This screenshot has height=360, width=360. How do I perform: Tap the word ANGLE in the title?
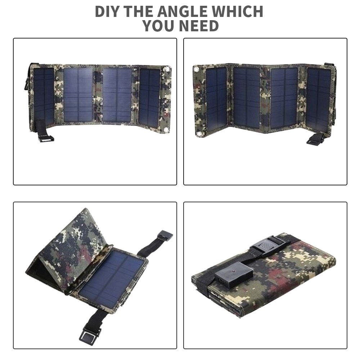click(183, 12)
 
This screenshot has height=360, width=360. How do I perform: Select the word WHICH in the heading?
click(237, 12)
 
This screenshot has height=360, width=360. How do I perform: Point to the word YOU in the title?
click(158, 26)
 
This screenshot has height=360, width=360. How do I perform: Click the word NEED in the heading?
click(199, 26)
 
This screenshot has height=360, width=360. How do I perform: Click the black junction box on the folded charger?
click(234, 275)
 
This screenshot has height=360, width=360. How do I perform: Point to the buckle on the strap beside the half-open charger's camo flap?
click(165, 236)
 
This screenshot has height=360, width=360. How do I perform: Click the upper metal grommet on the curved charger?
click(167, 69)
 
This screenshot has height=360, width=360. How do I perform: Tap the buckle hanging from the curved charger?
click(46, 139)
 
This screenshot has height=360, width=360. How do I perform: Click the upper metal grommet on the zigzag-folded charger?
click(196, 69)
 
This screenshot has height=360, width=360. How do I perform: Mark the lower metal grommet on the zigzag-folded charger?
click(199, 134)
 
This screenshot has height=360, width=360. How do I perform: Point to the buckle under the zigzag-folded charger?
click(315, 139)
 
